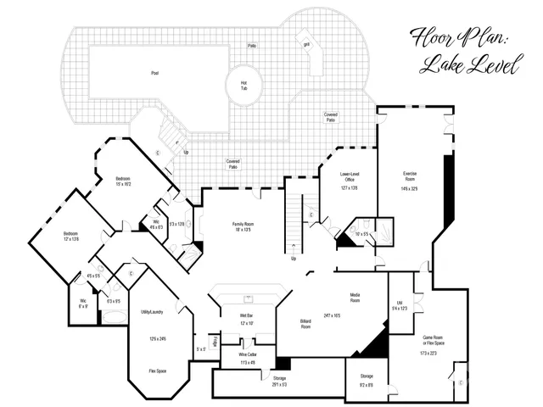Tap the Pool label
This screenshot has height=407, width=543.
point(154,73)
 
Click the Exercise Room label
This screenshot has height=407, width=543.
point(410,176)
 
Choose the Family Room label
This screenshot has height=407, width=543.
point(244,223)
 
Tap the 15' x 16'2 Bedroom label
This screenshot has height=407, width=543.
point(123,178)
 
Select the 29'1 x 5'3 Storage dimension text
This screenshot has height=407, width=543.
point(279,385)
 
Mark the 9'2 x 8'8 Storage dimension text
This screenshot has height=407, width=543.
point(366,385)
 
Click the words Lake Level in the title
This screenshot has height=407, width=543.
point(469,67)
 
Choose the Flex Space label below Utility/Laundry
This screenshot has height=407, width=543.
point(156,370)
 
